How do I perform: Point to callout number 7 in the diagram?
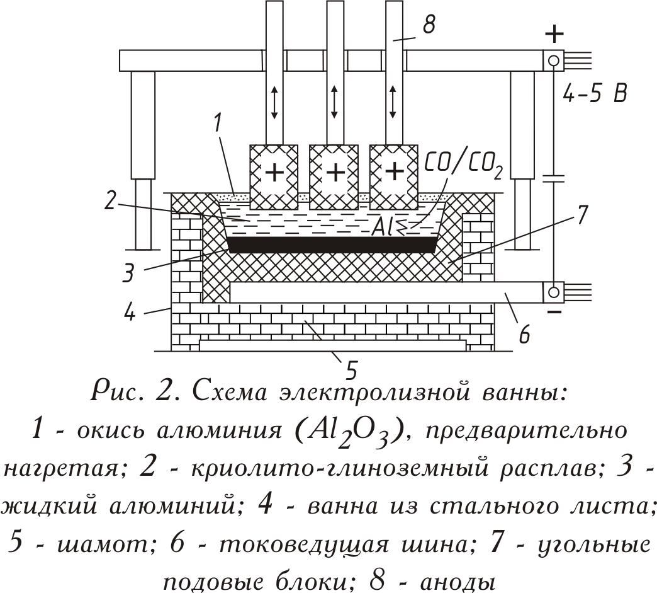tap(581, 216)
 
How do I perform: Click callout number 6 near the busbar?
tap(524, 335)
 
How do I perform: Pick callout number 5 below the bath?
tap(351, 370)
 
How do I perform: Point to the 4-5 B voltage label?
tap(594, 95)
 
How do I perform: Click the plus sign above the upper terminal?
tap(554, 33)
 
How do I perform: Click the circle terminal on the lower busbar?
tap(554, 292)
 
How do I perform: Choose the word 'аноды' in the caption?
tap(457, 582)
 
